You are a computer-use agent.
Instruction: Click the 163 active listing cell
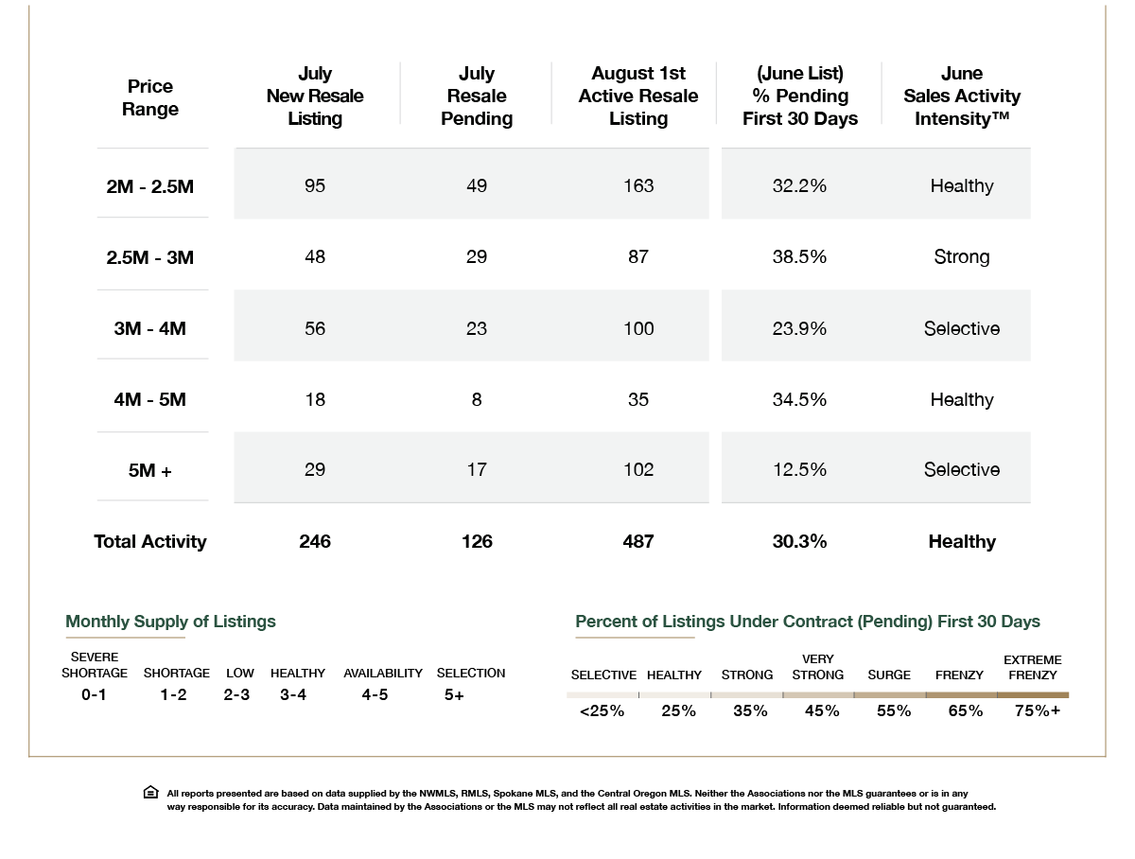point(638,185)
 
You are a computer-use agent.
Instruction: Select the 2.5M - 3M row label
point(150,257)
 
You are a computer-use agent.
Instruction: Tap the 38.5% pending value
point(799,256)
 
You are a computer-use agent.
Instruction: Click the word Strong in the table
point(962,256)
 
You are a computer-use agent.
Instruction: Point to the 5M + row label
point(150,470)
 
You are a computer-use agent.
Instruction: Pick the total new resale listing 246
point(315,541)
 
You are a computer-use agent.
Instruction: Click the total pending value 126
point(477,541)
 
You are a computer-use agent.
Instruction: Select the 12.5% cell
point(799,469)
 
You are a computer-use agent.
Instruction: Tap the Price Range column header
point(150,97)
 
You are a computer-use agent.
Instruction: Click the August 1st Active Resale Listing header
point(638,96)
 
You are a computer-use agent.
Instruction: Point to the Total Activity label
point(150,541)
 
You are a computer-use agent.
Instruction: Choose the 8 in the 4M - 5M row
point(477,399)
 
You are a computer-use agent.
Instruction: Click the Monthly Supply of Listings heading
point(170,622)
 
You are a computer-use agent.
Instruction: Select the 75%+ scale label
point(1038,710)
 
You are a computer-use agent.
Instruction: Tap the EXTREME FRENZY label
point(1033,667)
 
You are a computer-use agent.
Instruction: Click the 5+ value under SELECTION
point(454,694)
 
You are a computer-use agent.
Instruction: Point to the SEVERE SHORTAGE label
point(94,665)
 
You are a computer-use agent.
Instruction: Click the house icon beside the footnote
point(151,792)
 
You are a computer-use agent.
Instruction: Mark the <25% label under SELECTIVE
point(602,710)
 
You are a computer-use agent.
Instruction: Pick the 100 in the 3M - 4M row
point(638,328)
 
